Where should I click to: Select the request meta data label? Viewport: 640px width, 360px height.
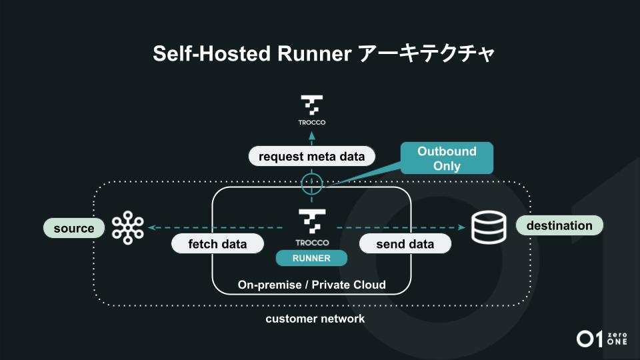311,157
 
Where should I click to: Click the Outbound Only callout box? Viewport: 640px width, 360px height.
447,159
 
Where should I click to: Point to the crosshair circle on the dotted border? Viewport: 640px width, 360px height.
311,183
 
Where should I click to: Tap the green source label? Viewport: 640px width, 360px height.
74,229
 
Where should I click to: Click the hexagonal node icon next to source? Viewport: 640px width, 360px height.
127,228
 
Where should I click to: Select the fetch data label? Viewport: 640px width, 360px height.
217,244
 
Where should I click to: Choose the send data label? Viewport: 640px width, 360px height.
405,244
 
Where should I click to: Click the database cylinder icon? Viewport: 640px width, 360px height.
489,227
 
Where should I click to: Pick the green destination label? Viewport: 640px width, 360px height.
559,225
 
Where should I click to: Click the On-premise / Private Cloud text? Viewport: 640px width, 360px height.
311,285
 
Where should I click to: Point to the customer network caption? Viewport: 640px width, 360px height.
315,319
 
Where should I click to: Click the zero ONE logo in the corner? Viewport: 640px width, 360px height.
602,338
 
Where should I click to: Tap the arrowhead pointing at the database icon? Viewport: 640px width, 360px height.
461,228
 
